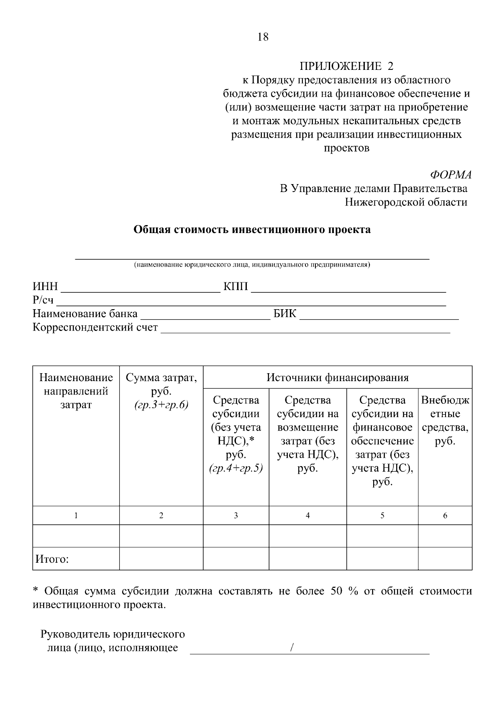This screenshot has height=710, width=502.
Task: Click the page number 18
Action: [263, 37]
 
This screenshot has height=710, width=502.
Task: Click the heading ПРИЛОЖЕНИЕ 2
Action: [346, 66]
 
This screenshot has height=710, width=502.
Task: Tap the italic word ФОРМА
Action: [451, 174]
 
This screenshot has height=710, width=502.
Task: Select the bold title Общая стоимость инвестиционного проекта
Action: [252, 229]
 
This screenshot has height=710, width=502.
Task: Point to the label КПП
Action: [236, 287]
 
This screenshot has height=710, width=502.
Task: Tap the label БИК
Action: [284, 314]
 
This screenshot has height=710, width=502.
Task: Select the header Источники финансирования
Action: [337, 378]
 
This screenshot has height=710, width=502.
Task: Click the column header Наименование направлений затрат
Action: [76, 391]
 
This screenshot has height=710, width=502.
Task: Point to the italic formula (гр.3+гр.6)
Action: [161, 405]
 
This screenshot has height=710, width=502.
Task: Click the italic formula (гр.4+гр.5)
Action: [236, 469]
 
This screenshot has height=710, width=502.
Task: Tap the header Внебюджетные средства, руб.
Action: [445, 420]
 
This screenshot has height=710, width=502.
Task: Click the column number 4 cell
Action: [307, 515]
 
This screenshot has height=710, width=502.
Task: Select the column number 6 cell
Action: [445, 515]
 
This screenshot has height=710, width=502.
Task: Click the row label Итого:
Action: [52, 559]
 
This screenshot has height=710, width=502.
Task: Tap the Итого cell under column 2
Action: [161, 559]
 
